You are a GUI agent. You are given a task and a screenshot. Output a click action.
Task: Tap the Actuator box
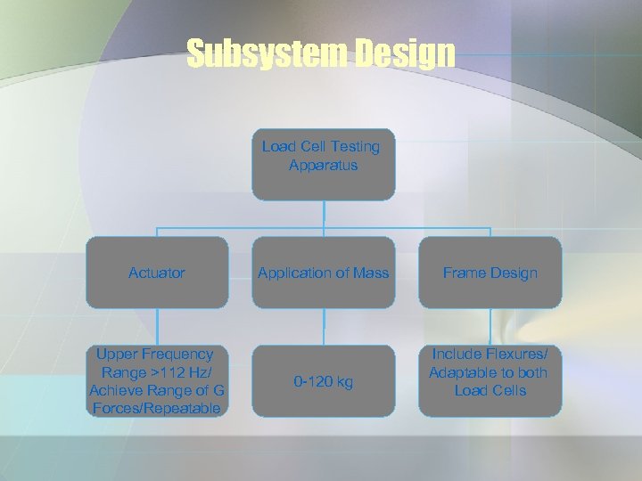pyautogui.click(x=157, y=273)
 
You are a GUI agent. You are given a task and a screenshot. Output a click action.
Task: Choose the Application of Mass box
pyautogui.click(x=323, y=273)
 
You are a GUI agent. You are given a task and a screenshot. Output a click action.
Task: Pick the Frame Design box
pyautogui.click(x=490, y=273)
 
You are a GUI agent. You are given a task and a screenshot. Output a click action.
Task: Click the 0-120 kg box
pyautogui.click(x=323, y=382)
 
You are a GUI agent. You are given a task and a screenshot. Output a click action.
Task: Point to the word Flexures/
pyautogui.click(x=517, y=355)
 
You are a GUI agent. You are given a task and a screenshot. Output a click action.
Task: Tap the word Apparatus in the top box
pyautogui.click(x=323, y=165)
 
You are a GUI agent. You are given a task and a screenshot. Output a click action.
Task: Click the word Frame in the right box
pyautogui.click(x=464, y=273)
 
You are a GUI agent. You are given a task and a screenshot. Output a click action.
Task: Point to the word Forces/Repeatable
pyautogui.click(x=156, y=409)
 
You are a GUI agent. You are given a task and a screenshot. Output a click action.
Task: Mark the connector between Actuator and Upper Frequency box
pyautogui.click(x=157, y=327)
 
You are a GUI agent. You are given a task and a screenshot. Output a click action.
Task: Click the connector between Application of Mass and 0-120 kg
pyautogui.click(x=324, y=327)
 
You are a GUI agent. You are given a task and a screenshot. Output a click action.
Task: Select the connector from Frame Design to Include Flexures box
pyautogui.click(x=490, y=327)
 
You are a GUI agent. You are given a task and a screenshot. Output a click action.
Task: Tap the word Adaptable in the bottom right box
pyautogui.click(x=463, y=372)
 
